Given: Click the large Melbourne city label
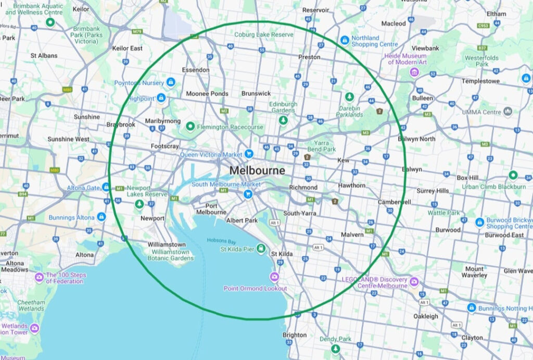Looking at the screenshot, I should tap(257, 170).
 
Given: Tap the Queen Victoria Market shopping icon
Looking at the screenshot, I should tap(249, 154).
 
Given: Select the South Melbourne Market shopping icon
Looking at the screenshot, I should tap(248, 194).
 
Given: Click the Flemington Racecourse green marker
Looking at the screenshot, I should tap(191, 126).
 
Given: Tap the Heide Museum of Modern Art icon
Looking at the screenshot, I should tap(414, 72).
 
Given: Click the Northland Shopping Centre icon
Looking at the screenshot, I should tap(344, 40).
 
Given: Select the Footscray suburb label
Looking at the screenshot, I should tap(164, 146).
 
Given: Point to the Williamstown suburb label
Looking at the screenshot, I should tap(167, 244).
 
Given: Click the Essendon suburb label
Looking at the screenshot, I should tap(196, 70).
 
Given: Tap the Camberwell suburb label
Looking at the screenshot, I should tap(395, 202).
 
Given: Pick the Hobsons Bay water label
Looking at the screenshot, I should tap(222, 240).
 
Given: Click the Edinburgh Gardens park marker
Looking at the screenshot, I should tap(283, 120).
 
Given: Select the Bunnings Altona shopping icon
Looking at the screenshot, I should tap(101, 217).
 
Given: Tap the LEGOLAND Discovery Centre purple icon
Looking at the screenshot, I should tap(414, 282).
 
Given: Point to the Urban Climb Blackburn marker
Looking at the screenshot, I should tap(513, 175).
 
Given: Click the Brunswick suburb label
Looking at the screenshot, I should tap(256, 93).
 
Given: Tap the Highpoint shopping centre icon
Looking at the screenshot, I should tap(161, 97).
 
